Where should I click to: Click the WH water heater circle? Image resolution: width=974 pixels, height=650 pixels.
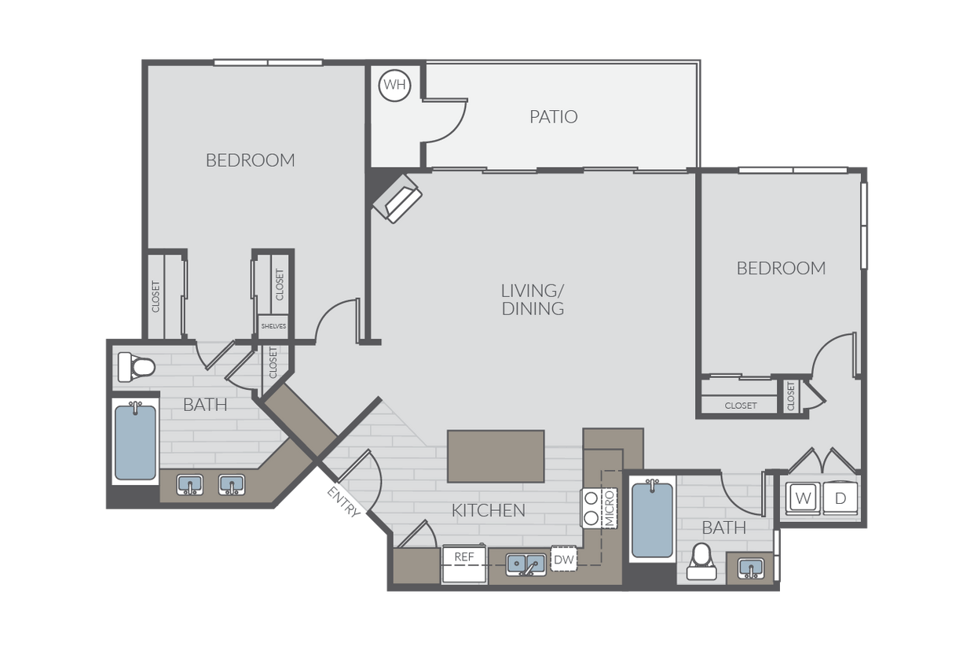pyautogui.click(x=395, y=85)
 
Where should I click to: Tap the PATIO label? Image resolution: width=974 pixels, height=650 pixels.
pyautogui.click(x=554, y=116)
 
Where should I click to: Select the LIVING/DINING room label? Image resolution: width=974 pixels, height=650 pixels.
pyautogui.click(x=533, y=299)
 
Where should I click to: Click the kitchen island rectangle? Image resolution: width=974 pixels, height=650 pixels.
pyautogui.click(x=496, y=456)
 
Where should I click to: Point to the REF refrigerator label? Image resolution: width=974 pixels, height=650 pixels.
pyautogui.click(x=464, y=557)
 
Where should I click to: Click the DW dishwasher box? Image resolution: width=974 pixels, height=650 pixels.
pyautogui.click(x=564, y=559)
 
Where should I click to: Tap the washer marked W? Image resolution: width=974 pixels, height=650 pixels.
pyautogui.click(x=803, y=498)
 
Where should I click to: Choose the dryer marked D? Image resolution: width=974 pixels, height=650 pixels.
pyautogui.click(x=840, y=498)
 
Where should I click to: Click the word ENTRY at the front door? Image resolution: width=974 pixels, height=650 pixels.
pyautogui.click(x=344, y=502)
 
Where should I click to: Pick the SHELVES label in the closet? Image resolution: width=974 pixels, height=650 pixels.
pyautogui.click(x=273, y=326)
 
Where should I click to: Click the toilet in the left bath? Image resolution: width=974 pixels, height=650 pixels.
pyautogui.click(x=136, y=367)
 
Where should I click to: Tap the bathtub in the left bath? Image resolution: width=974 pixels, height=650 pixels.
pyautogui.click(x=135, y=441)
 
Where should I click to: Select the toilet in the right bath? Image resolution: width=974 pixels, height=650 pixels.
pyautogui.click(x=701, y=561)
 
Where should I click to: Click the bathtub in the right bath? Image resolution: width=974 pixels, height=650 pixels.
pyautogui.click(x=652, y=520)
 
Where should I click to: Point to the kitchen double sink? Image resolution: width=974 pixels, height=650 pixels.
pyautogui.click(x=526, y=565)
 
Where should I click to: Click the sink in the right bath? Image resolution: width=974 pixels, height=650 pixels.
pyautogui.click(x=751, y=568)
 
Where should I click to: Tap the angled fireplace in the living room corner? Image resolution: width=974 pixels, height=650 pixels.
pyautogui.click(x=397, y=198)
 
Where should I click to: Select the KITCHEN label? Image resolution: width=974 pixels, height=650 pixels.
pyautogui.click(x=489, y=510)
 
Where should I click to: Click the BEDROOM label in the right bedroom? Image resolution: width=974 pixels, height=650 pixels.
pyautogui.click(x=782, y=268)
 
